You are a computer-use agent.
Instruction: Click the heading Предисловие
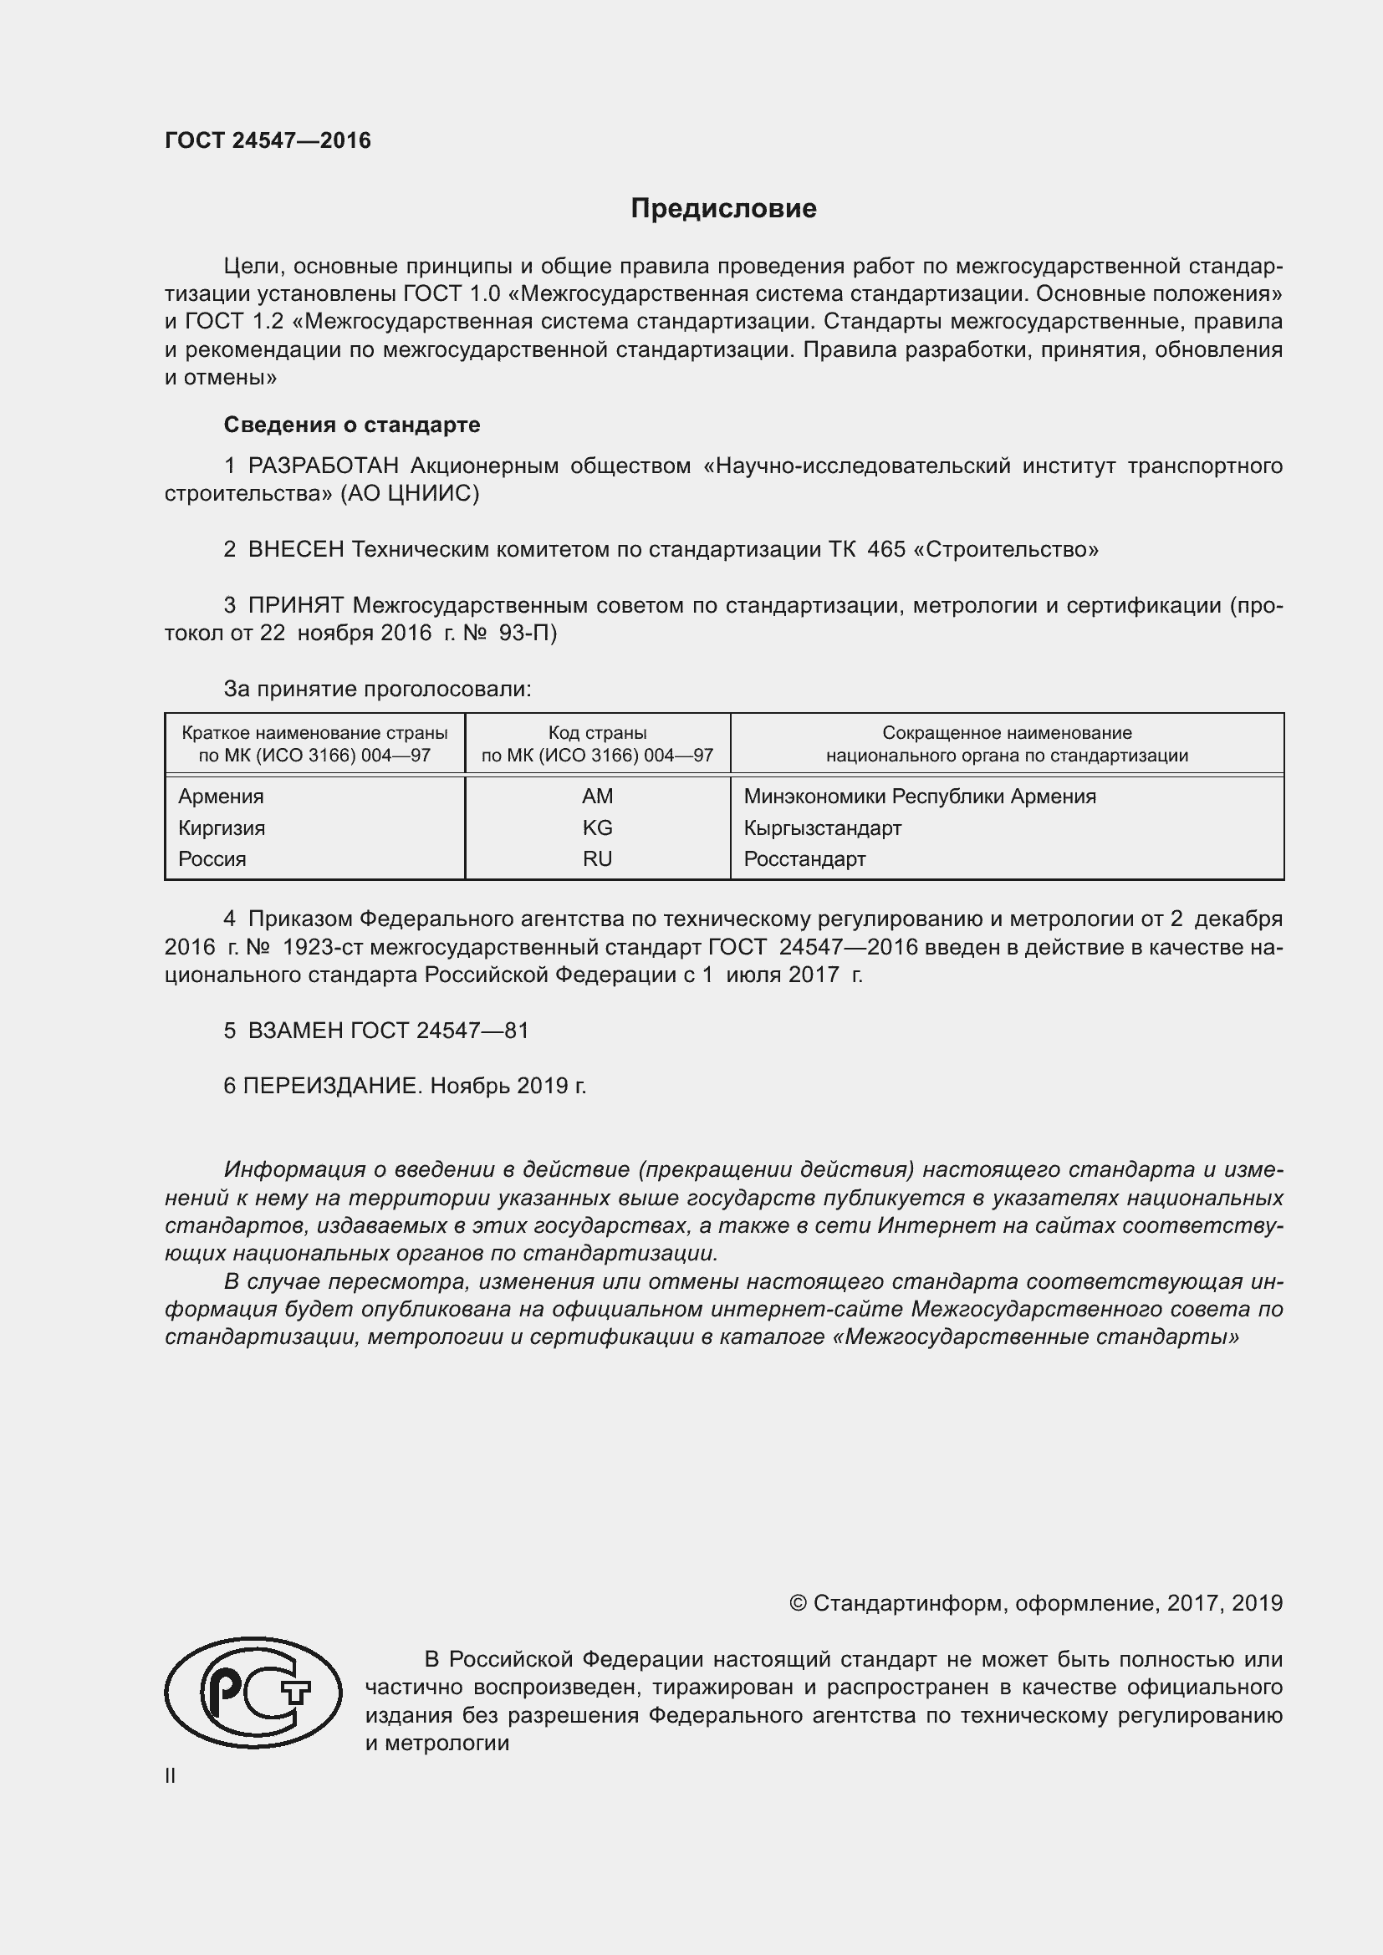(723, 209)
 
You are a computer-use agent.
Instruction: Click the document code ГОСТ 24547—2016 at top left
(268, 140)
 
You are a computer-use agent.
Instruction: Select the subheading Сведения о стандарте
(352, 424)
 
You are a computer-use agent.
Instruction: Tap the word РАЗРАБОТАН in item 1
(323, 466)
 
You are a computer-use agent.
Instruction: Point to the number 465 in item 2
(885, 549)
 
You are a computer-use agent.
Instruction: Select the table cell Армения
(221, 797)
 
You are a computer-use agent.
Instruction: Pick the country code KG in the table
(597, 827)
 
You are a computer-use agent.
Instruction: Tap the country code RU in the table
(597, 859)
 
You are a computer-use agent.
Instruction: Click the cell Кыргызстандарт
(822, 827)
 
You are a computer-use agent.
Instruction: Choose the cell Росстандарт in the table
(804, 859)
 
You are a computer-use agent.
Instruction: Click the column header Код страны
(597, 732)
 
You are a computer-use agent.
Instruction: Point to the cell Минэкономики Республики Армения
(920, 797)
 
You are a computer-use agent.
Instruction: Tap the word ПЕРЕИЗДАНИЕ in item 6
(332, 1086)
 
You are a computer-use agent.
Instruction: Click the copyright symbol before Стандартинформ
(797, 1603)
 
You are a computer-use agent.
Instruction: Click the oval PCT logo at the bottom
(253, 1692)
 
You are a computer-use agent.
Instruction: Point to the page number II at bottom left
(171, 1775)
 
